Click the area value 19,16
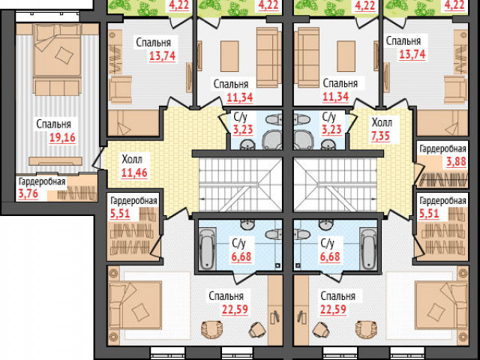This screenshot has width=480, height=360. [x=62, y=138]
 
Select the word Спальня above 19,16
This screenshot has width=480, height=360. [x=53, y=124]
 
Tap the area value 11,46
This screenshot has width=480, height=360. [x=134, y=173]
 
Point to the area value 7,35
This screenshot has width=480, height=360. [x=380, y=136]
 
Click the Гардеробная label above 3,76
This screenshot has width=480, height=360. [x=42, y=181]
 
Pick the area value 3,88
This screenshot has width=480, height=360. [x=456, y=161]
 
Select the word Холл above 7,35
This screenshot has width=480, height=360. [x=382, y=123]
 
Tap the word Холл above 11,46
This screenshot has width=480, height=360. [x=132, y=160]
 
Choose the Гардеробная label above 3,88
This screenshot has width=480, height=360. [x=442, y=149]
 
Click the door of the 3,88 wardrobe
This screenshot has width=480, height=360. [x=418, y=173]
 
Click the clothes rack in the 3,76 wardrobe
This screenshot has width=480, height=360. [x=77, y=193]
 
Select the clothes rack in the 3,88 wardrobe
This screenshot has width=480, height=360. [x=443, y=179]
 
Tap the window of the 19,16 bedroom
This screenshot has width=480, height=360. [x=46, y=17]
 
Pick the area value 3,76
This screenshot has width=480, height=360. [x=28, y=194]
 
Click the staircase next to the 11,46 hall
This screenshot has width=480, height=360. [x=240, y=184]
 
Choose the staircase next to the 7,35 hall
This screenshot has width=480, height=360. [x=335, y=184]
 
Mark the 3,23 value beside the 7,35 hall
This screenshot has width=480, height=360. [x=331, y=130]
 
